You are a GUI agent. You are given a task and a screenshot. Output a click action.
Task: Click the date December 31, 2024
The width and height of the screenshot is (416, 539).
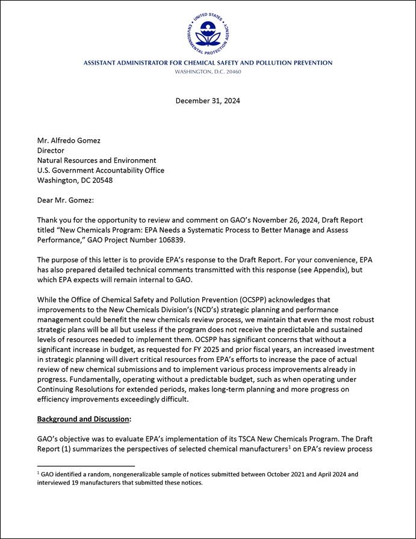coord(208,101)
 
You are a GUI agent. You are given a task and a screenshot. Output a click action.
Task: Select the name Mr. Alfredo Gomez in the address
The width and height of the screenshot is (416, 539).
coord(69,140)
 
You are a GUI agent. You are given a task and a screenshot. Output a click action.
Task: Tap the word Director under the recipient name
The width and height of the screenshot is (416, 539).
coord(51,150)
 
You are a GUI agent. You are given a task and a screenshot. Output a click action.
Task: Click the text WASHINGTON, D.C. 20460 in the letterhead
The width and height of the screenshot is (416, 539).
coord(208,71)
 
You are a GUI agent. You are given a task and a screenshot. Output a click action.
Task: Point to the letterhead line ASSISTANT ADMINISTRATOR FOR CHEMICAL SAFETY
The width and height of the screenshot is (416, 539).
coord(208,63)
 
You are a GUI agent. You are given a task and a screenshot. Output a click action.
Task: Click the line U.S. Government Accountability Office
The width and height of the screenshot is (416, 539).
coord(101,170)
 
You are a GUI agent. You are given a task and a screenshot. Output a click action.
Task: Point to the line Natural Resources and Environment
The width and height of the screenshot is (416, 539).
coord(96,160)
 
